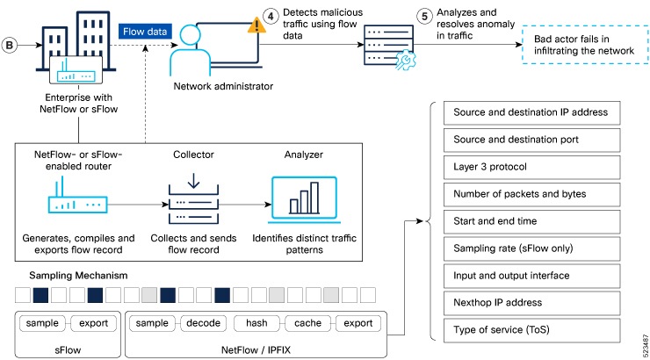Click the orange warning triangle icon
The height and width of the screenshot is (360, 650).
point(257,24)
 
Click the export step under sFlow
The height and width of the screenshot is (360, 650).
point(93,322)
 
